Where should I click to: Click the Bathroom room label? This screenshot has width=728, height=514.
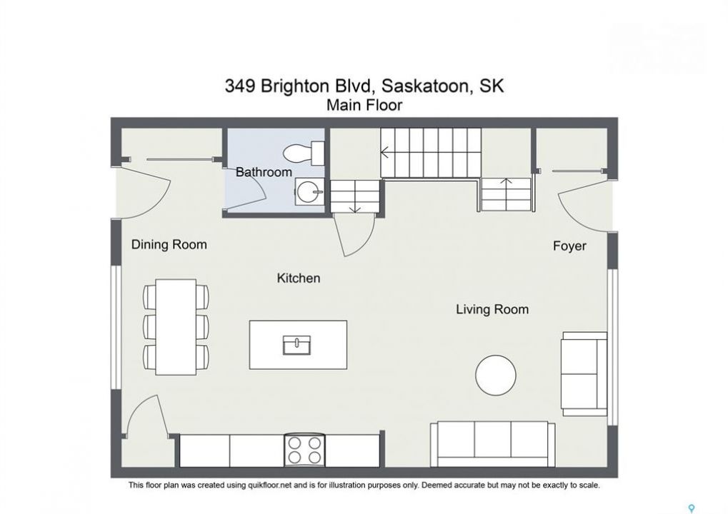tap(264, 172)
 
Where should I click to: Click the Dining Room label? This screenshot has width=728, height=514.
tap(169, 244)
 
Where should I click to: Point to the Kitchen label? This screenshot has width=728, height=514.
tap(299, 278)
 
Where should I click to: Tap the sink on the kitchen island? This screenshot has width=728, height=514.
tap(296, 345)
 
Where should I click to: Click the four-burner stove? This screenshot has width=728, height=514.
tap(304, 450)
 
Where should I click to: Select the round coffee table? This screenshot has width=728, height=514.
tap(496, 376)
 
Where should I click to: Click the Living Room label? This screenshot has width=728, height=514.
tap(492, 309)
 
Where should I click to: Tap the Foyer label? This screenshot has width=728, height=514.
tap(569, 246)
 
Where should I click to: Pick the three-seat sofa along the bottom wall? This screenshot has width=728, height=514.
tap(493, 444)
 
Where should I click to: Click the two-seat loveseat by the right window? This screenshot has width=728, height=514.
tap(584, 374)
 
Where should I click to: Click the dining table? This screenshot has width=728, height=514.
tap(176, 327)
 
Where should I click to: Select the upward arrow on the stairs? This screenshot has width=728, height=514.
tap(506, 188)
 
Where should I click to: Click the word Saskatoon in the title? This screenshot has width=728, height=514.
tap(427, 86)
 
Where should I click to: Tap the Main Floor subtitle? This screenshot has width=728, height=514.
tap(364, 106)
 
